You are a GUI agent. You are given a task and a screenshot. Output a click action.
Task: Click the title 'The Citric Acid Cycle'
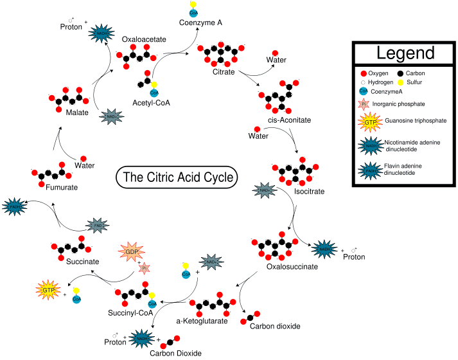tap(176, 177)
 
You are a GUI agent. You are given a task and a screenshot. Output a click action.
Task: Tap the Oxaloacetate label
tap(144, 39)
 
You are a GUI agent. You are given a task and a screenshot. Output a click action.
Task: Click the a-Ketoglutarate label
tap(202, 321)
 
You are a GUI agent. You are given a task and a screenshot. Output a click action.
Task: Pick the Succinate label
tap(82, 262)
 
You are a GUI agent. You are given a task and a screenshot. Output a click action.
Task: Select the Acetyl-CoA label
tap(151, 103)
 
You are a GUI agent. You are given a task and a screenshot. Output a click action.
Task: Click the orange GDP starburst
tap(132, 251)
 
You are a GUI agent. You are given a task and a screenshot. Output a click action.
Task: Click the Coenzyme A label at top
tap(200, 22)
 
